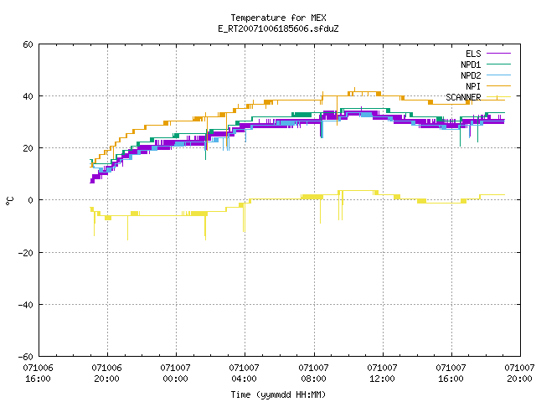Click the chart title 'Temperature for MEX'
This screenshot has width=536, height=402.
[278, 18]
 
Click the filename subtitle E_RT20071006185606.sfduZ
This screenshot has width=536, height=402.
[278, 28]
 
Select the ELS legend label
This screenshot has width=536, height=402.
[473, 54]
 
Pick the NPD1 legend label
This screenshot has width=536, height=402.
[471, 64]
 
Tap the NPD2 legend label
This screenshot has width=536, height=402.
[471, 75]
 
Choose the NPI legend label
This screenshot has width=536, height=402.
[473, 86]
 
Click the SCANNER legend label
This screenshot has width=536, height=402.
[463, 97]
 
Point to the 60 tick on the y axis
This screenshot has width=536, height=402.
[28, 44]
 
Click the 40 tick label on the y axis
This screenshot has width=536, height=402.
[28, 96]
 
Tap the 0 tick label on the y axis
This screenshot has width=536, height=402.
[30, 200]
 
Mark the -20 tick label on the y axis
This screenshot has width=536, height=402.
[26, 253]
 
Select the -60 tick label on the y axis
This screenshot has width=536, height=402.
[26, 357]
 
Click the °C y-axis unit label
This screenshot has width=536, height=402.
[9, 201]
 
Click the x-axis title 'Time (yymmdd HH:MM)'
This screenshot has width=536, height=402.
[278, 394]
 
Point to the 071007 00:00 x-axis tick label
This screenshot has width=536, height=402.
[175, 374]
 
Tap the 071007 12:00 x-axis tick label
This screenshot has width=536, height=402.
[382, 374]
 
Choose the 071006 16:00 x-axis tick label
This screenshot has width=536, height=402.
[38, 374]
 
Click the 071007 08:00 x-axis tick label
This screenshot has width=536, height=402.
[313, 374]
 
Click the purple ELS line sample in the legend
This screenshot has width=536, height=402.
[498, 54]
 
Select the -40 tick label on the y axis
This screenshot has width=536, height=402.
[26, 305]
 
